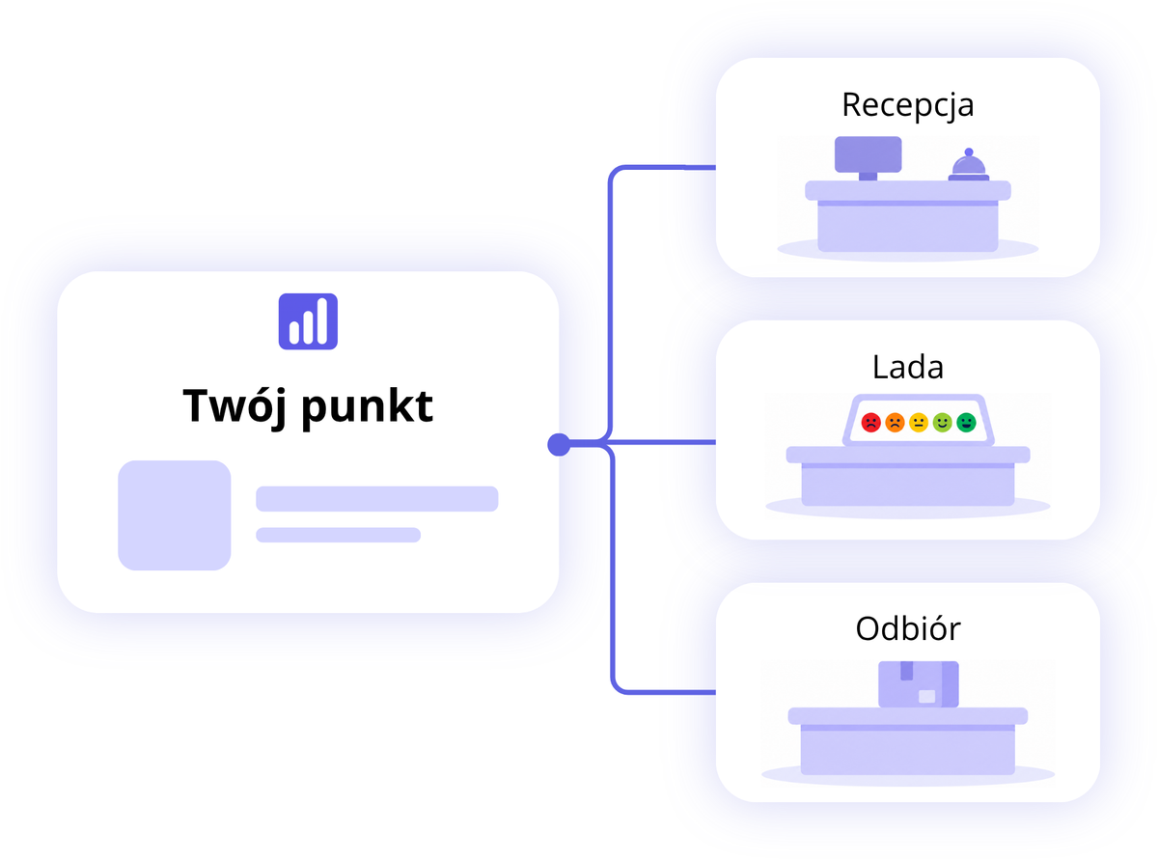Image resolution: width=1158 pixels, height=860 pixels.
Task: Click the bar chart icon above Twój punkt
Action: [x=308, y=321]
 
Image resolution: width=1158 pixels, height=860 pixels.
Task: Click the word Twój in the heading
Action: [x=234, y=407]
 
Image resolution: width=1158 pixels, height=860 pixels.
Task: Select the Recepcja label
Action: [x=907, y=106]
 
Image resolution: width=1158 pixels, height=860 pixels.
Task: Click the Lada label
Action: [x=907, y=367]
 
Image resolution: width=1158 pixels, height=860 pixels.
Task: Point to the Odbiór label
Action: [x=907, y=628]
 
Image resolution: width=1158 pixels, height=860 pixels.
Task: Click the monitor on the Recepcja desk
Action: [x=868, y=157]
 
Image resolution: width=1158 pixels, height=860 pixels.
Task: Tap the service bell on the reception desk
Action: [x=969, y=165]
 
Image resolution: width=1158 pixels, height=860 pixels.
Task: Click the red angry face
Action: [x=870, y=423]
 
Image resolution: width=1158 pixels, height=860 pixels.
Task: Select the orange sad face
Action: [x=895, y=423]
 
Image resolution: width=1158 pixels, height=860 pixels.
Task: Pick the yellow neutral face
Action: [x=919, y=423]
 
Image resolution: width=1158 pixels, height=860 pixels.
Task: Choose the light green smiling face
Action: [x=943, y=423]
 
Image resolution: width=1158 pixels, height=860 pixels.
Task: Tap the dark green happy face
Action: [x=966, y=423]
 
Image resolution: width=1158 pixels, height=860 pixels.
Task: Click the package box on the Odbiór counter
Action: [x=919, y=684]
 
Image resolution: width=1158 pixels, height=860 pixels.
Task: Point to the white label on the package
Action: [x=926, y=696]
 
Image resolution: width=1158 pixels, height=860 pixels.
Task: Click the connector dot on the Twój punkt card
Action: [x=559, y=444]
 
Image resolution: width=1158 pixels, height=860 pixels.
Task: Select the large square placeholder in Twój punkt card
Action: [x=175, y=514]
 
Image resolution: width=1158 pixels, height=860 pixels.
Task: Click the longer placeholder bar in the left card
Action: [x=377, y=499]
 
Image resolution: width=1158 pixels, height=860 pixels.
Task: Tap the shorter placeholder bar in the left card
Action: [x=339, y=535]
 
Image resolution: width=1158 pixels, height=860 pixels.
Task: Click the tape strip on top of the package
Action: [x=906, y=671]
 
